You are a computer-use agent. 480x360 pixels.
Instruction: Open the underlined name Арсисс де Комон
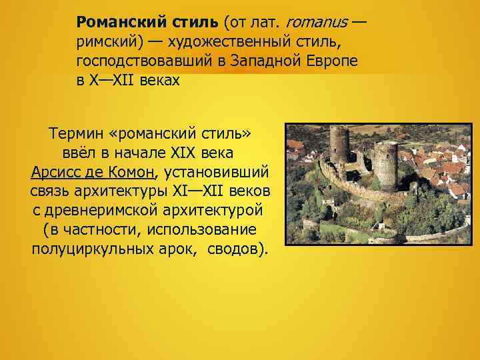tap(92, 173)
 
